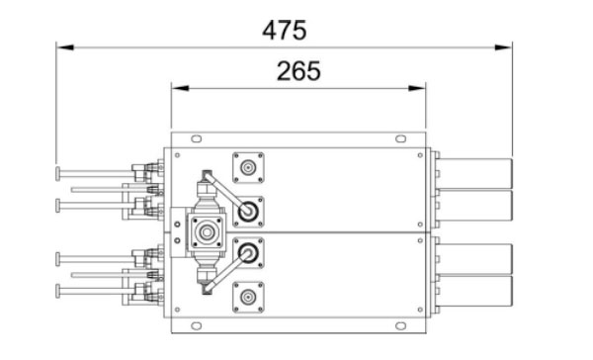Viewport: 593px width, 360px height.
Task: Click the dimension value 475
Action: tap(285, 31)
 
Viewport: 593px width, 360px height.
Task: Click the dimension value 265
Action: tap(298, 71)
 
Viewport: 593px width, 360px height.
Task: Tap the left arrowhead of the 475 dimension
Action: tap(65, 47)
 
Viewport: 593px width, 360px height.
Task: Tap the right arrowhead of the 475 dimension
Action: tap(504, 47)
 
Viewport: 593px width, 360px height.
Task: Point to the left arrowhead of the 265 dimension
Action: tap(180, 88)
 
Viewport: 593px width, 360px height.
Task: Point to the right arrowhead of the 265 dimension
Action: tap(417, 88)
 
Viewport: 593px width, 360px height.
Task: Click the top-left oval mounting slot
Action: tap(197, 138)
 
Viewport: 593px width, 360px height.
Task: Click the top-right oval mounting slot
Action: tap(401, 138)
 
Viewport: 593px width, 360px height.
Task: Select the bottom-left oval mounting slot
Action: tap(197, 325)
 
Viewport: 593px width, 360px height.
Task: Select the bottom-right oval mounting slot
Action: tap(401, 325)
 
